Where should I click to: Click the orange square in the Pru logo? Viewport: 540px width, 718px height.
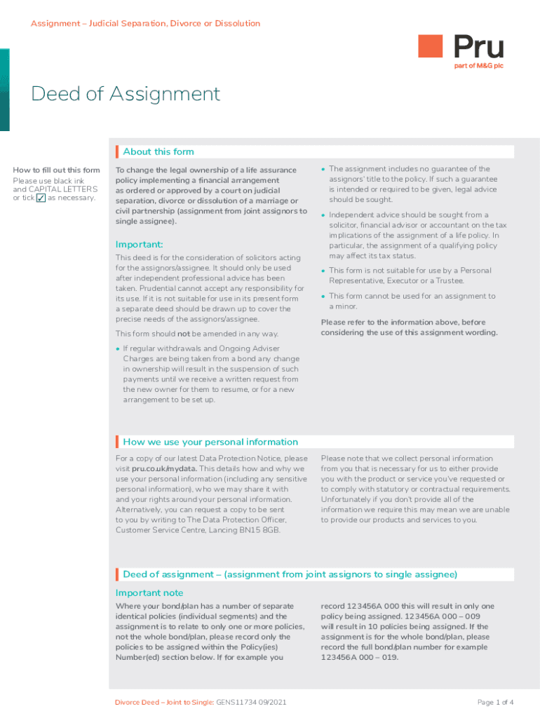tap(431, 46)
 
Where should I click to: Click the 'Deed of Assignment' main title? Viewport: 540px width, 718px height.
tap(126, 94)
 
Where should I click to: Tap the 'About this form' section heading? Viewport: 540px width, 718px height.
tap(158, 151)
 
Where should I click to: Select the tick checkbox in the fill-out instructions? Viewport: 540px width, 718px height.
tap(41, 198)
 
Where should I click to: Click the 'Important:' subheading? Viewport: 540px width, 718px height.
tap(139, 244)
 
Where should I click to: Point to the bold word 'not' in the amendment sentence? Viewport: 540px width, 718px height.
tap(183, 333)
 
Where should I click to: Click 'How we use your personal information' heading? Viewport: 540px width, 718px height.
tap(210, 442)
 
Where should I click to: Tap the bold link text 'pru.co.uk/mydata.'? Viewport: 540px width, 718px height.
tap(165, 468)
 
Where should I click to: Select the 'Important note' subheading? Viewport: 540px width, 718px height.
tap(149, 592)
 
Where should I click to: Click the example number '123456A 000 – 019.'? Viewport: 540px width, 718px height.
tap(353, 658)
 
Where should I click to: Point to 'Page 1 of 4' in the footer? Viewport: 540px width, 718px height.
tap(495, 702)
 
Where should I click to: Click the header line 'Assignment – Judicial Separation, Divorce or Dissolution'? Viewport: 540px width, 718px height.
tap(145, 24)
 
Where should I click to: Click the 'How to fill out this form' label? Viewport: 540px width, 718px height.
tap(57, 170)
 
